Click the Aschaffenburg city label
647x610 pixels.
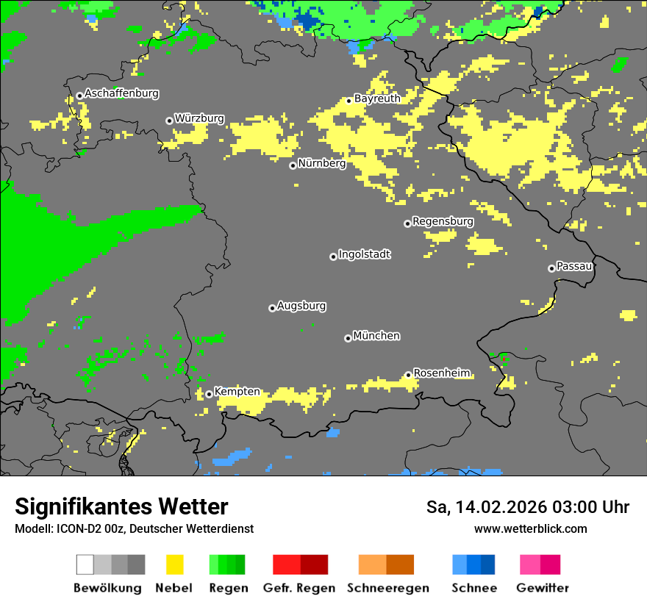(121, 93)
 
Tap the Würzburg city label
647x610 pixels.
(199, 118)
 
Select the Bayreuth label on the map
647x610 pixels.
(377, 98)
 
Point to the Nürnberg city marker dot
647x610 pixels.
(293, 165)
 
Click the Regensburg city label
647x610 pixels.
(443, 221)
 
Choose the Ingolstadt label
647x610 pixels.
(364, 254)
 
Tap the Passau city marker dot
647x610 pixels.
(551, 268)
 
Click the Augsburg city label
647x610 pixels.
(301, 306)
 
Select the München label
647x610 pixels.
(376, 336)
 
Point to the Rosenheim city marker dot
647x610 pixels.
(408, 375)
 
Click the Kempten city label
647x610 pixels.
(237, 392)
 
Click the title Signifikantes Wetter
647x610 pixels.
(121, 507)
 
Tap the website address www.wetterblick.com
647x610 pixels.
(531, 528)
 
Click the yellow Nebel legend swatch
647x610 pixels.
(175, 564)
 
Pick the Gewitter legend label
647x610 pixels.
(543, 588)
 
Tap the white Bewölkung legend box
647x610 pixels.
(85, 564)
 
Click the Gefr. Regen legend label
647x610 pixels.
(300, 588)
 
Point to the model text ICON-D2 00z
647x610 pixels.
(90, 528)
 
